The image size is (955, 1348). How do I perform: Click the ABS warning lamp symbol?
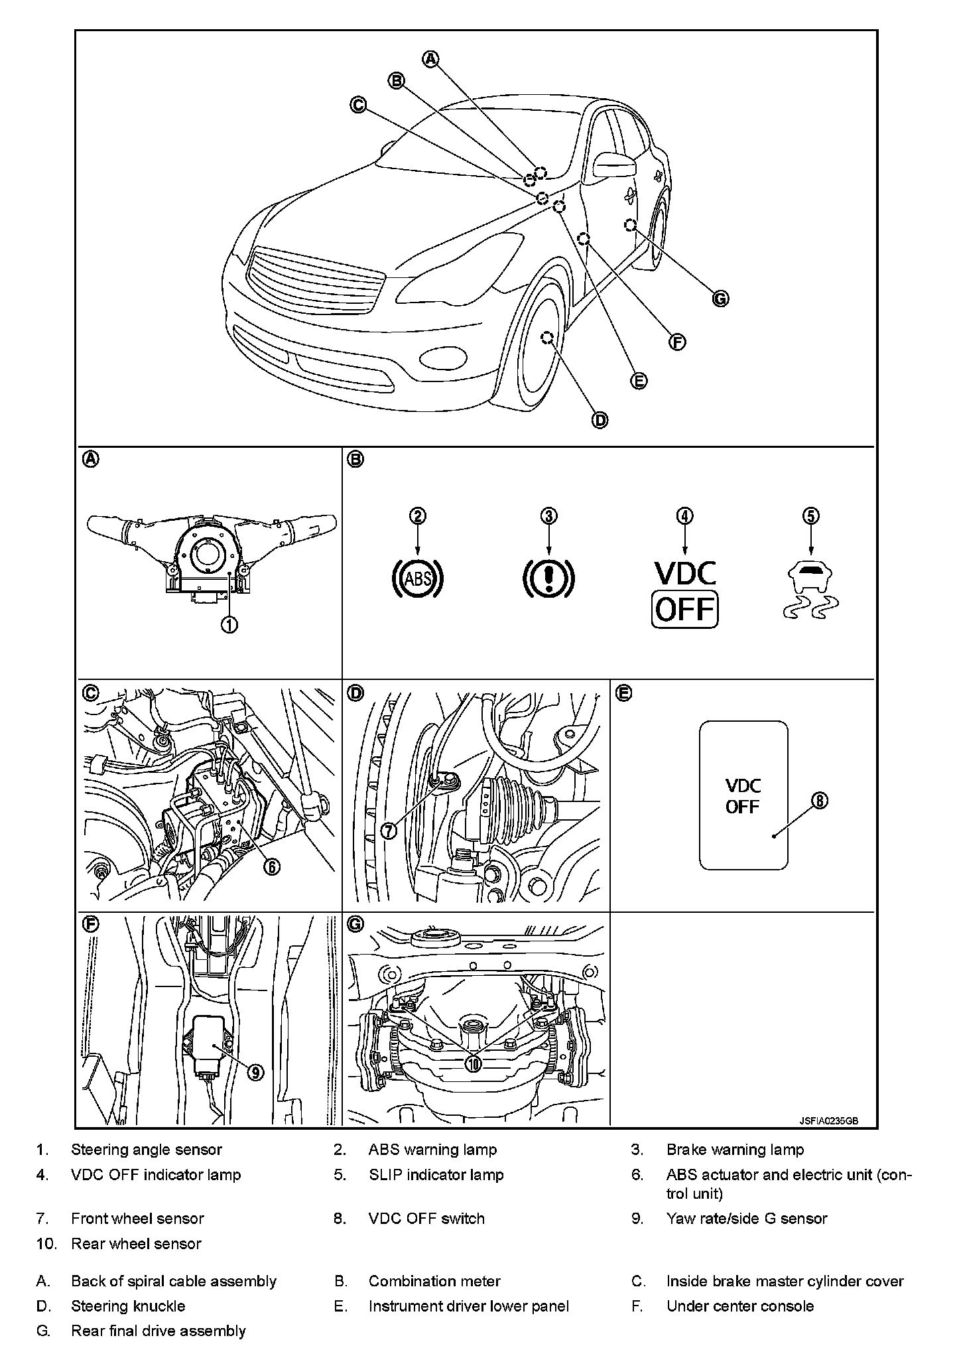pos(418,579)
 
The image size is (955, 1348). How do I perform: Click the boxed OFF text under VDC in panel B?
pos(685,609)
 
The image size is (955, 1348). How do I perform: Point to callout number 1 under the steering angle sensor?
pos(229,624)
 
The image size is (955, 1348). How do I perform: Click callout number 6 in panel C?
pos(271,866)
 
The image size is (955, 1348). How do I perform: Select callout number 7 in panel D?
pos(389,829)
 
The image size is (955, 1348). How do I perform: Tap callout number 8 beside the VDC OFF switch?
pos(820,801)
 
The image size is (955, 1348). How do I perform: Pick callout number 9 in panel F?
pos(255,1072)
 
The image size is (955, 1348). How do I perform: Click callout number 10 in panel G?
pos(474,1063)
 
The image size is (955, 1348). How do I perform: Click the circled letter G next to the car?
pos(720,299)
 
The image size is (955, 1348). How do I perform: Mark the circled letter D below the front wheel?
pos(600,420)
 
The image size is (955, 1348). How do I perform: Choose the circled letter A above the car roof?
pos(431,58)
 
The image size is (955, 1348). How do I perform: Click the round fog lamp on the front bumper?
pos(443,359)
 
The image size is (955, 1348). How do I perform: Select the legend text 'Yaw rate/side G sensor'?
pos(747,1218)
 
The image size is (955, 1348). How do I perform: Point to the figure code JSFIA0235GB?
pos(828,1120)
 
